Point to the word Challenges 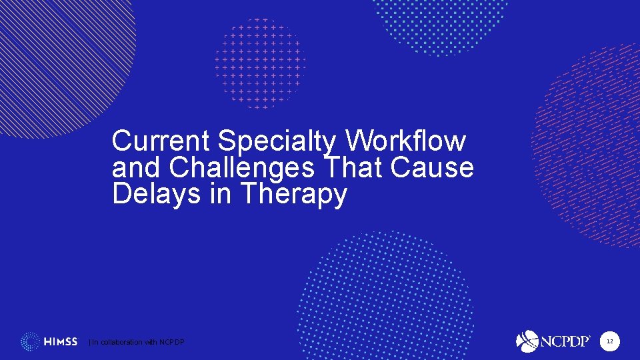click(x=242, y=168)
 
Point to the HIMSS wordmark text click(x=61, y=342)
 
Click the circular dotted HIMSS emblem click(x=30, y=342)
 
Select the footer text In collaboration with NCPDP click(x=137, y=342)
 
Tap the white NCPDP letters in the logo click(x=565, y=341)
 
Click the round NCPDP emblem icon click(x=527, y=341)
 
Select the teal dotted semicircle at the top click(x=440, y=23)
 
